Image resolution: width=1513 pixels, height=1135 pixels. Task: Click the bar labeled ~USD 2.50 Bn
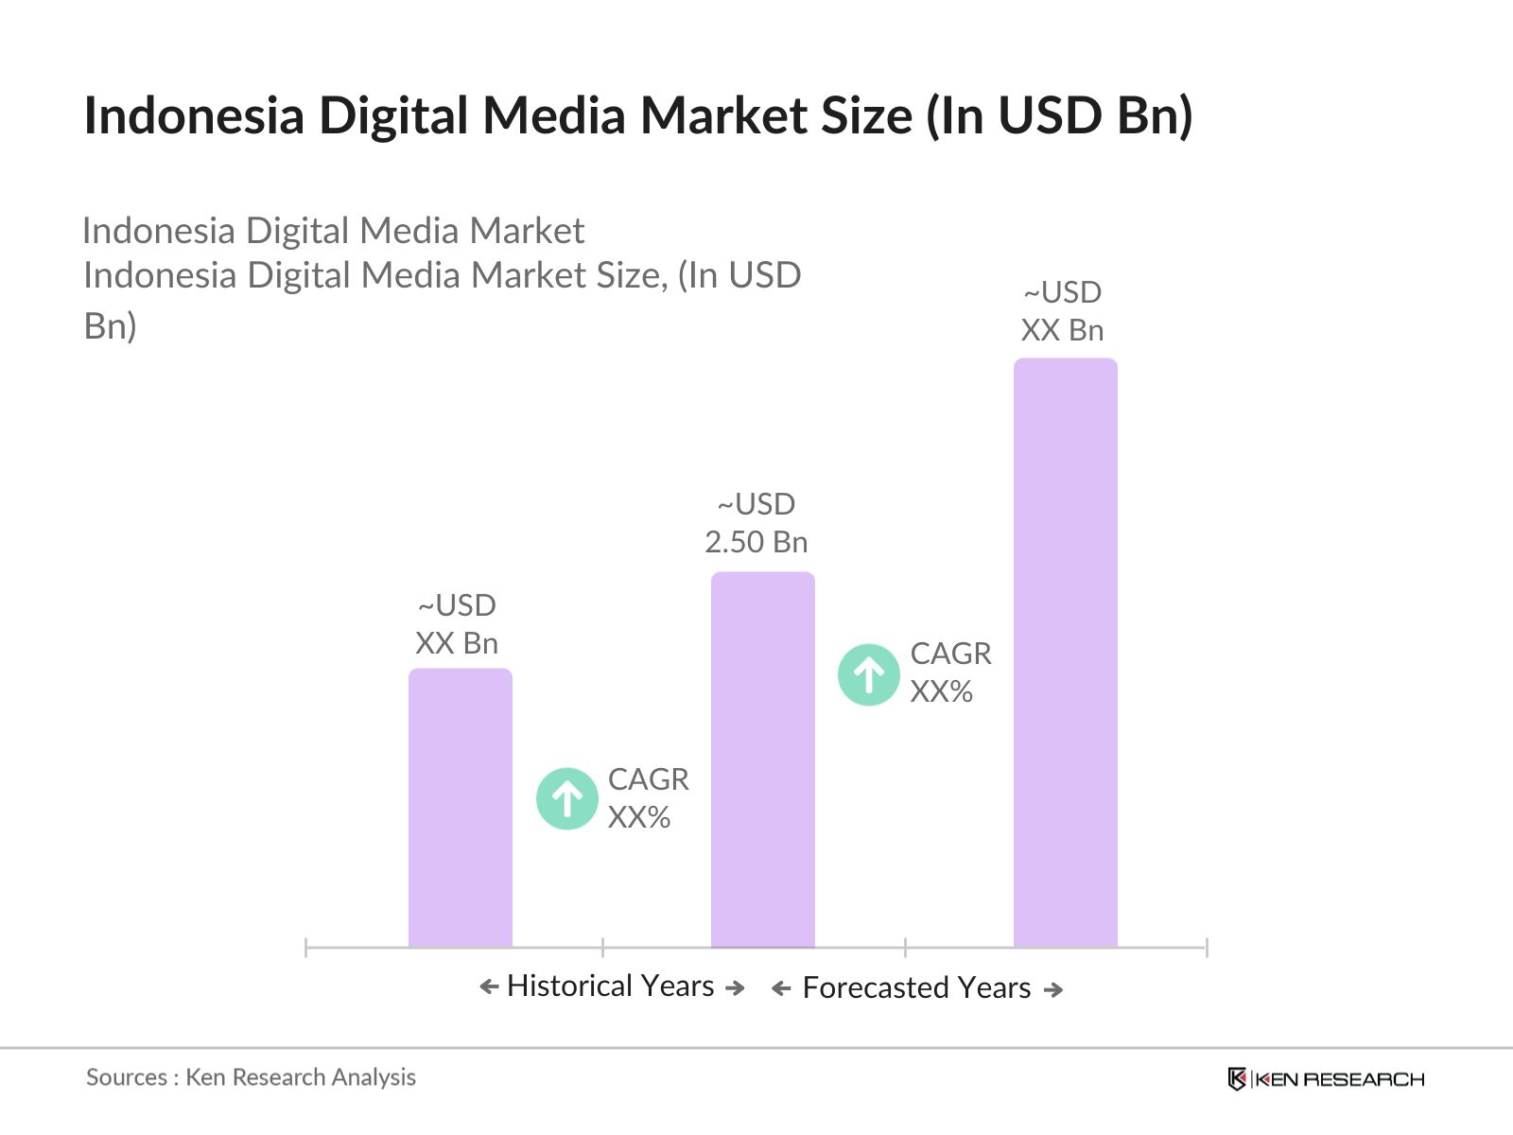click(x=762, y=757)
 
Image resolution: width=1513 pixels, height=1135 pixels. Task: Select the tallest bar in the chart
click(x=1065, y=653)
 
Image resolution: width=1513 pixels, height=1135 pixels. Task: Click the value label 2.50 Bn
click(x=756, y=542)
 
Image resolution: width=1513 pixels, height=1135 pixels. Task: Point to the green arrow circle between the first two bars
click(x=567, y=798)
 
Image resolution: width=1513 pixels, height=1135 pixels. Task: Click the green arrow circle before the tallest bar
click(x=868, y=674)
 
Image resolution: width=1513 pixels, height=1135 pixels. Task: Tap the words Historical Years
click(x=610, y=986)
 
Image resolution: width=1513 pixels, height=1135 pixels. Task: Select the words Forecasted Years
click(x=916, y=987)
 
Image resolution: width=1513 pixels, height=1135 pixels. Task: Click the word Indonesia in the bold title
click(x=194, y=115)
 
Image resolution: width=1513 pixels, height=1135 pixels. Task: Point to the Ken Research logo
click(x=1325, y=1079)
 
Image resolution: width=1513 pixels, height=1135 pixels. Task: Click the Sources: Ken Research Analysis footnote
click(x=251, y=1077)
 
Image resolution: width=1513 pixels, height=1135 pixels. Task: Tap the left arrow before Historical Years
click(x=489, y=987)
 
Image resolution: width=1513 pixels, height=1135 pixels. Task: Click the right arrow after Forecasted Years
click(x=1052, y=989)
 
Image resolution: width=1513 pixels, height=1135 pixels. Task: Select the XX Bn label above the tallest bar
click(x=1062, y=330)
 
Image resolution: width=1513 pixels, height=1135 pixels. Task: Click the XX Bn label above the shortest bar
click(x=457, y=643)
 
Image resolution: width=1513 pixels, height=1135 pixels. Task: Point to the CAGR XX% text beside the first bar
click(x=648, y=797)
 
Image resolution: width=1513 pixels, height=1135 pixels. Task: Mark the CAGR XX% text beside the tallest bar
click(x=950, y=672)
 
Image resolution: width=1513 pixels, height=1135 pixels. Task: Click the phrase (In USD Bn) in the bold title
click(x=1059, y=115)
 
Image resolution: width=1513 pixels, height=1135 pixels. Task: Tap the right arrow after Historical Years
click(x=735, y=987)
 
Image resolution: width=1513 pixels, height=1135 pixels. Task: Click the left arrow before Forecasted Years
click(x=781, y=989)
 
